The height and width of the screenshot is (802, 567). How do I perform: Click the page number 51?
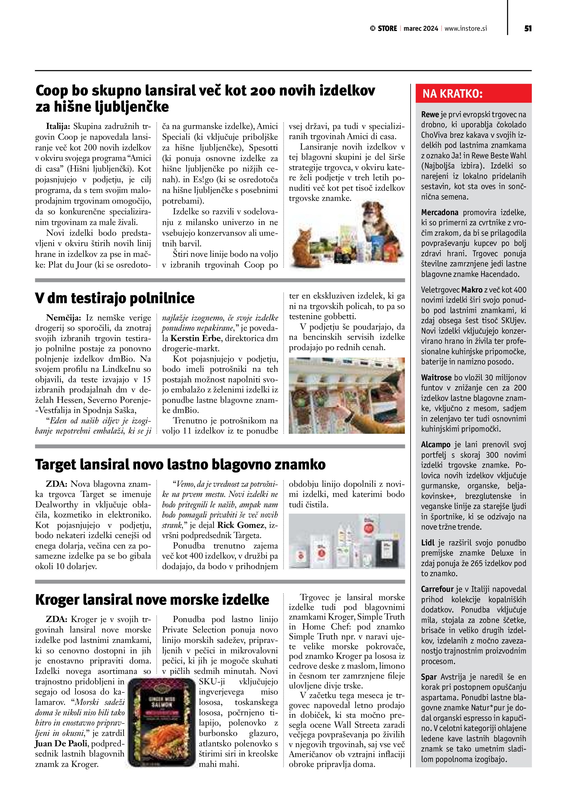point(527,29)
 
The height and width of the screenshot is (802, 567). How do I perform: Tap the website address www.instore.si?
point(466,29)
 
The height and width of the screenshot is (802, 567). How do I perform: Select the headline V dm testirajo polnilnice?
point(115,298)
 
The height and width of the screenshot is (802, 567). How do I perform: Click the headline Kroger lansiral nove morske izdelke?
point(152,600)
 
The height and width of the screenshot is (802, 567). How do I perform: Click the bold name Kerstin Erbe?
point(196,338)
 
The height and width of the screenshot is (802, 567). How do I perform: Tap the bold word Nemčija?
point(64,317)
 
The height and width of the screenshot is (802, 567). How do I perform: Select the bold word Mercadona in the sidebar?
point(439,213)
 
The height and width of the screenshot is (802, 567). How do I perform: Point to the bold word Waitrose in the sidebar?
point(436,378)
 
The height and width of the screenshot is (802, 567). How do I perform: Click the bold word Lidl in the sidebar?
point(427,543)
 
